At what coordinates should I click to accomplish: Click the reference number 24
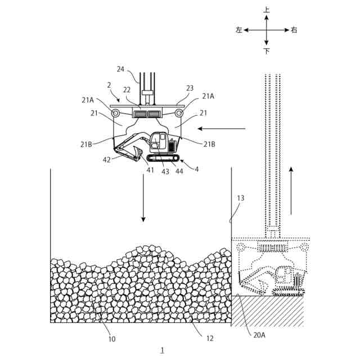(120, 69)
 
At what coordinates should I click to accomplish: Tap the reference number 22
(127, 90)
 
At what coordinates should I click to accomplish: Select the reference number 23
(190, 88)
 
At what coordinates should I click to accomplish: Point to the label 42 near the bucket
(107, 159)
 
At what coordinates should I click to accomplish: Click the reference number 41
(150, 169)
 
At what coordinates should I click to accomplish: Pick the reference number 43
(165, 172)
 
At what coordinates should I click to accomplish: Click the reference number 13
(241, 198)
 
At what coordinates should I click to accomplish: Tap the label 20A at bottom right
(260, 335)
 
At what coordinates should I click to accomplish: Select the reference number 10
(112, 339)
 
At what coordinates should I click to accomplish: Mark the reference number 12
(210, 339)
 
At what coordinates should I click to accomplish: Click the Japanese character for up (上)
(267, 10)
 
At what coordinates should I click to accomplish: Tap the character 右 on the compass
(294, 30)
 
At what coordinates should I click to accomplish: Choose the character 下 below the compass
(267, 51)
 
